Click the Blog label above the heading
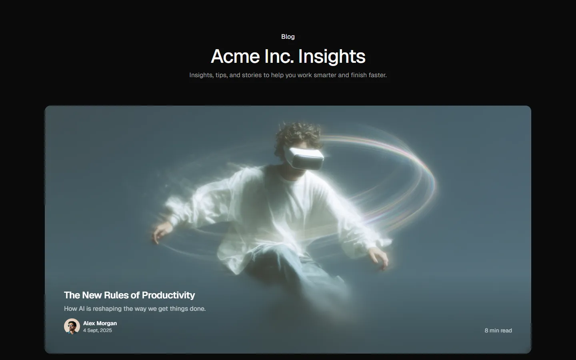[x=288, y=36]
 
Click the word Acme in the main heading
[x=235, y=56]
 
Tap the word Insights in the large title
[x=332, y=57]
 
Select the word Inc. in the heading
[x=279, y=56]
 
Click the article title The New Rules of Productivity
[x=129, y=295]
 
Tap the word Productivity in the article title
[x=168, y=295]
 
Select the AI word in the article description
[x=82, y=308]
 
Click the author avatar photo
[x=72, y=326]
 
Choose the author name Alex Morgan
[x=100, y=323]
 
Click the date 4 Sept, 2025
[x=98, y=330]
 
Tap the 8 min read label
[x=498, y=330]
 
